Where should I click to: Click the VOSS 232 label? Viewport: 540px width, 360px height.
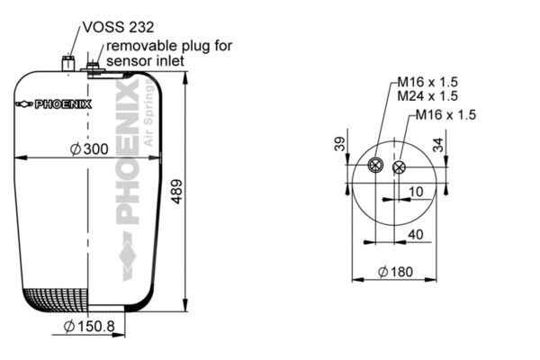click(118, 27)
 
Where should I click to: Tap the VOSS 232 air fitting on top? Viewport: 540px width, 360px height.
click(67, 63)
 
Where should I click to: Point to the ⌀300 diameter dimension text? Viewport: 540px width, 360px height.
click(89, 149)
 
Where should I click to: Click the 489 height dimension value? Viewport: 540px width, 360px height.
click(176, 192)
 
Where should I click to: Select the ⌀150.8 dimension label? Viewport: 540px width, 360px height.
click(89, 326)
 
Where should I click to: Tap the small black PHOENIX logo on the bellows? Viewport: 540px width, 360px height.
click(54, 104)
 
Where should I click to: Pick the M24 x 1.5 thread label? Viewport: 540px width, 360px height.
click(427, 95)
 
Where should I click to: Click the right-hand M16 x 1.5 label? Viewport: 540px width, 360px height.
click(445, 114)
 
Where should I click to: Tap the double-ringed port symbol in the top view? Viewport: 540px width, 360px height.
click(375, 165)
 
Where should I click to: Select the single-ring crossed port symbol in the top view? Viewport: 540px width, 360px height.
click(399, 167)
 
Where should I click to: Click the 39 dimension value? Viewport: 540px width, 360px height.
click(340, 144)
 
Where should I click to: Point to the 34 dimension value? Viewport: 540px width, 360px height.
click(438, 145)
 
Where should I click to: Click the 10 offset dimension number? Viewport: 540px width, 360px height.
click(416, 192)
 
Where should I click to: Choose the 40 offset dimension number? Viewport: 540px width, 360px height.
click(415, 235)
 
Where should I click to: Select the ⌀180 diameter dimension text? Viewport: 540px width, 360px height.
click(395, 272)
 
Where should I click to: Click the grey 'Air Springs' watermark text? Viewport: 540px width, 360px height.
click(148, 112)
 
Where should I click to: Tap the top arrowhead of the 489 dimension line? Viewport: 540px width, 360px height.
click(185, 78)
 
